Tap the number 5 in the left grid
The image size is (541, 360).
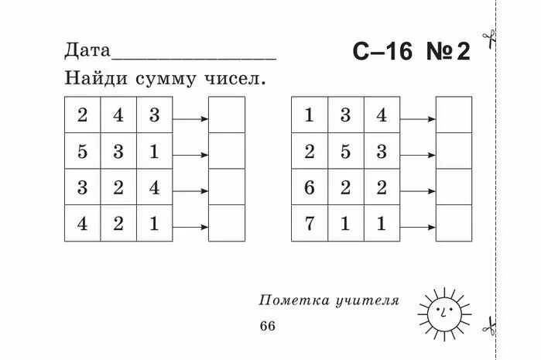(x=82, y=152)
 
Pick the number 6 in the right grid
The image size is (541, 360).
(x=310, y=188)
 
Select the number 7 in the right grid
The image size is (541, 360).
(x=310, y=225)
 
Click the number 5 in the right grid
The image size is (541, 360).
(x=345, y=152)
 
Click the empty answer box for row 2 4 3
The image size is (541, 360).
(x=226, y=115)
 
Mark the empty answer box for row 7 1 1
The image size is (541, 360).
(x=454, y=223)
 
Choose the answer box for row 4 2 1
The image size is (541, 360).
(x=226, y=223)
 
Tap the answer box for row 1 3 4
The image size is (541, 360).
(x=454, y=115)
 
